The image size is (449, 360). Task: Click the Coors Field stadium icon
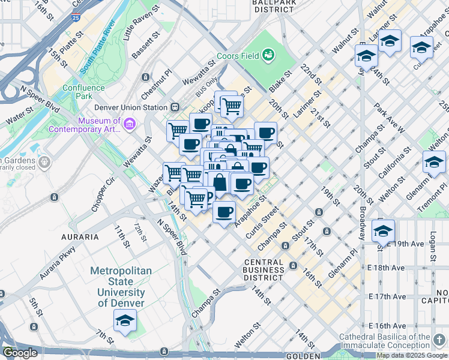click(x=268, y=56)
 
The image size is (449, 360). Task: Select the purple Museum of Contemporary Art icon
click(x=130, y=124)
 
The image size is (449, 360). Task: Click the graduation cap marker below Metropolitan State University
click(x=125, y=322)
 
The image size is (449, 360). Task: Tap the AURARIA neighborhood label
click(x=80, y=237)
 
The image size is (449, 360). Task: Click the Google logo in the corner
click(x=20, y=353)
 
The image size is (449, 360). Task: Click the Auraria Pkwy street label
click(x=58, y=264)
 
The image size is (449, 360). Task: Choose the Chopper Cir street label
click(x=103, y=194)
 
